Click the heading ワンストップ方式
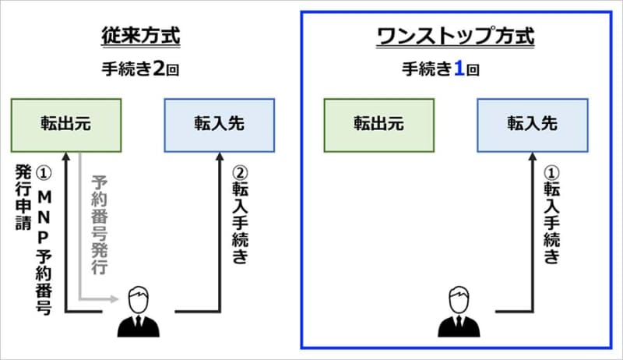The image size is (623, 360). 455,36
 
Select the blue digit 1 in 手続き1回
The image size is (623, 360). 459,69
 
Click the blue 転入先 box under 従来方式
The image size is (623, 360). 220,125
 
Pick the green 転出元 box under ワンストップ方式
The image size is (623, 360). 379,125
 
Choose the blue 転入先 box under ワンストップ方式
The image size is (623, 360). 533,125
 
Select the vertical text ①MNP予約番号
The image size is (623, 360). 44,238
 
